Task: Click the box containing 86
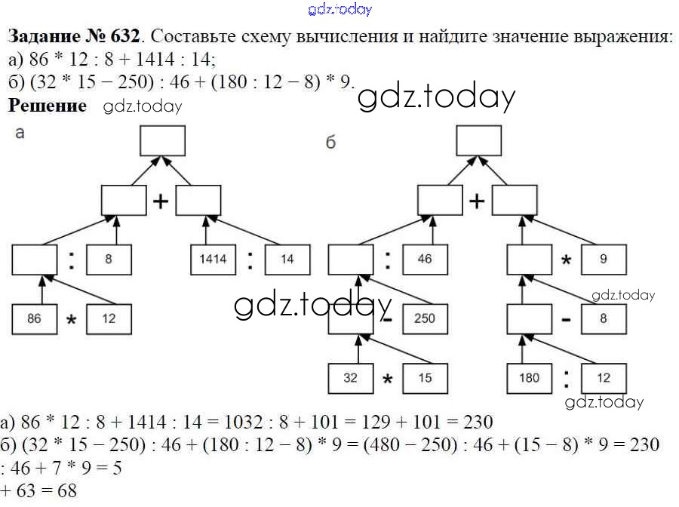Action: click(x=34, y=318)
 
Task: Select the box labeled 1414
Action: click(x=212, y=259)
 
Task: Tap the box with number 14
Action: click(x=286, y=259)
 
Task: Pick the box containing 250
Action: click(x=425, y=318)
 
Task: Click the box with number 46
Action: click(x=425, y=259)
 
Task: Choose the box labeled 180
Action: click(x=529, y=377)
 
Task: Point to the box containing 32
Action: click(x=350, y=378)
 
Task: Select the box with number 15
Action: click(x=425, y=378)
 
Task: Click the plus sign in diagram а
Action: click(x=160, y=201)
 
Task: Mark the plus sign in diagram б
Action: click(x=477, y=201)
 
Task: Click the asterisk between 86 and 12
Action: click(x=72, y=321)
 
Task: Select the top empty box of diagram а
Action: click(x=162, y=140)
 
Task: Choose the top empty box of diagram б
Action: click(x=478, y=140)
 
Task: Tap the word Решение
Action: click(x=47, y=106)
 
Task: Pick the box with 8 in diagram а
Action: click(x=109, y=259)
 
